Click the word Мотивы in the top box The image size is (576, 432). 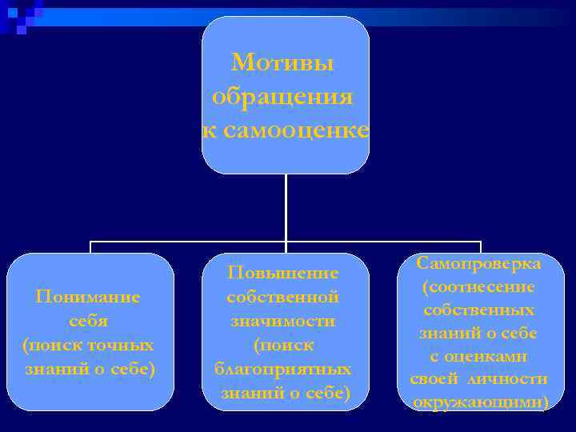(283, 62)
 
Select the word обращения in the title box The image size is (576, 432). (283, 97)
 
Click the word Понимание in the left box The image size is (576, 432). (88, 297)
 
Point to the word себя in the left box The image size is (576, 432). (88, 321)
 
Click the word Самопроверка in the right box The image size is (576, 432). (479, 263)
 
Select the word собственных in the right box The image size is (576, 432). (479, 310)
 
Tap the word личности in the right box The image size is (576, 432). (508, 379)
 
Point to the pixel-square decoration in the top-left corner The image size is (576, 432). (21, 14)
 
